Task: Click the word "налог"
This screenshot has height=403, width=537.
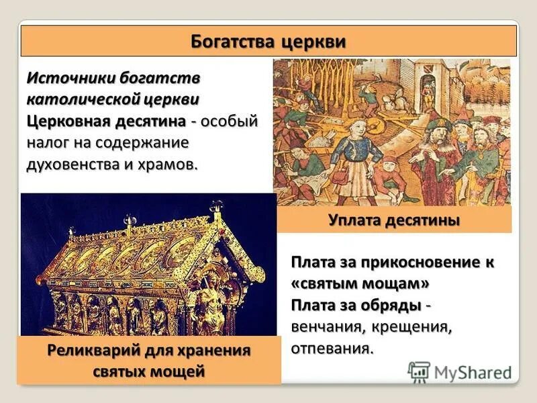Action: tap(48, 142)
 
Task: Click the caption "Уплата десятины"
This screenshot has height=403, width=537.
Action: tap(394, 220)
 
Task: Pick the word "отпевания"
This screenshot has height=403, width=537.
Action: tap(331, 349)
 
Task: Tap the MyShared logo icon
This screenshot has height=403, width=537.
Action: tap(419, 371)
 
